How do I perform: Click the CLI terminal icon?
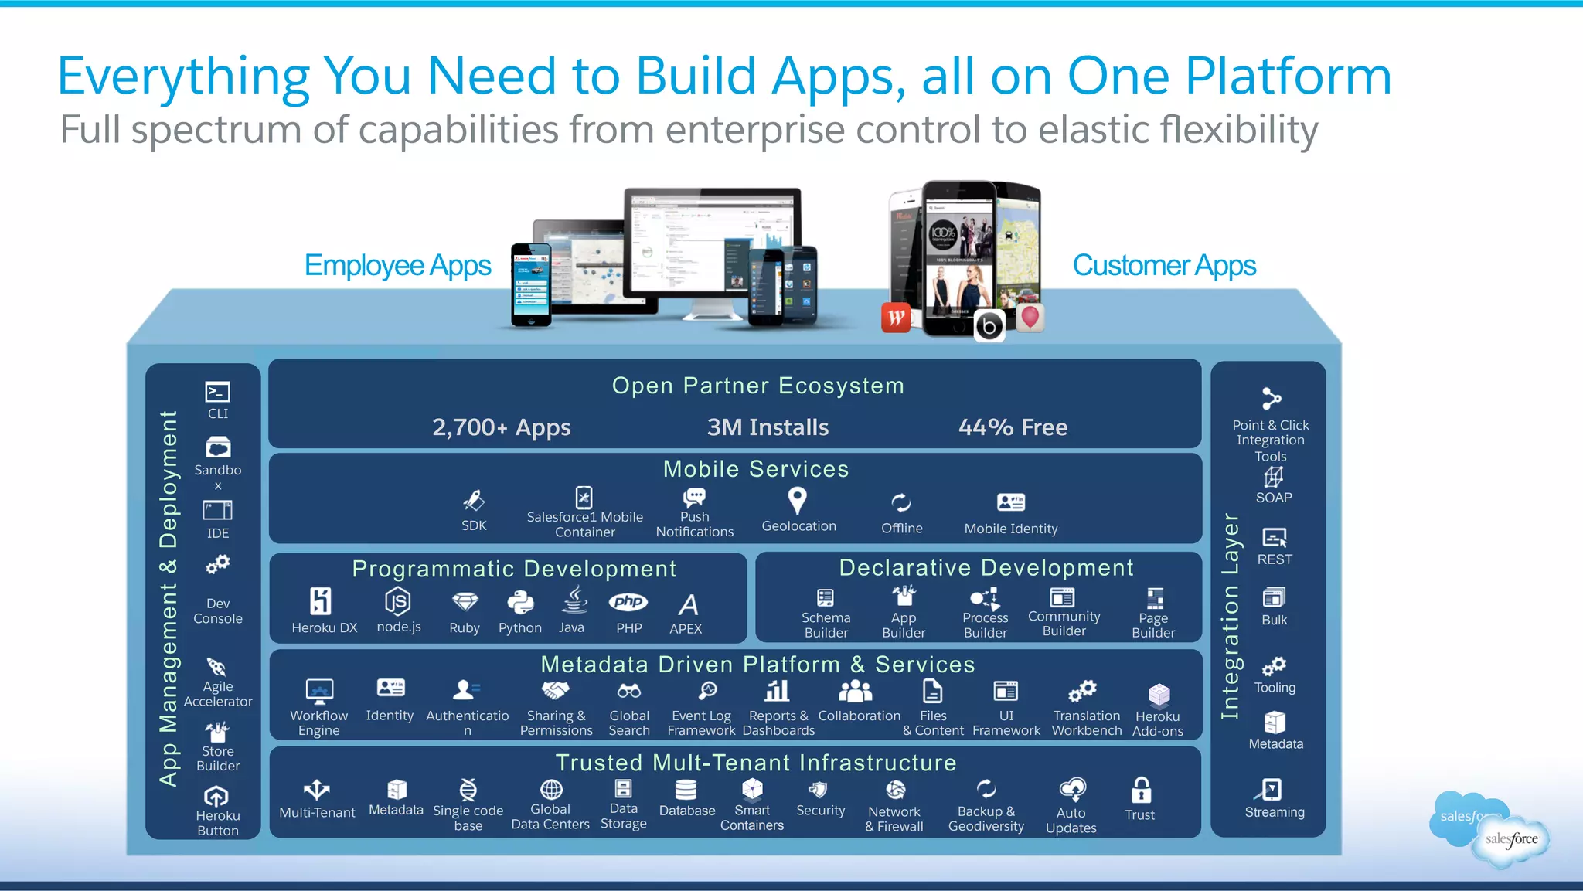coord(217,392)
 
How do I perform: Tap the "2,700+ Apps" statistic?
coord(501,427)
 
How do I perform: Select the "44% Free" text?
coord(1013,427)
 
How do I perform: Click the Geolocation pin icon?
coord(797,500)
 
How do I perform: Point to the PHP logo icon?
coord(628,601)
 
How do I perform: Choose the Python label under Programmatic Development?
coord(519,628)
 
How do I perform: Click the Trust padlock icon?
coord(1141,791)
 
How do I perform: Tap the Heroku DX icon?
coord(320,600)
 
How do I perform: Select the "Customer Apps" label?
coord(1164,266)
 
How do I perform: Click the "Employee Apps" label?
coord(397,266)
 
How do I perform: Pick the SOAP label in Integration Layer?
coord(1274,498)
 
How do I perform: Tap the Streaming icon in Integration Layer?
coord(1272,789)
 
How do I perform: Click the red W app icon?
coord(896,317)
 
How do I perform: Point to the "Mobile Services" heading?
coord(755,469)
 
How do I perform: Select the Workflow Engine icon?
coord(319,690)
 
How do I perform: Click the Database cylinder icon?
coord(686,789)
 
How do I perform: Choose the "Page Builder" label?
coord(1152,625)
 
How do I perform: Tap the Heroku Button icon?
coord(216,796)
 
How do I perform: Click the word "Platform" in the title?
coord(1288,77)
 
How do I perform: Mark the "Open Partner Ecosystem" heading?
coord(757,386)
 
